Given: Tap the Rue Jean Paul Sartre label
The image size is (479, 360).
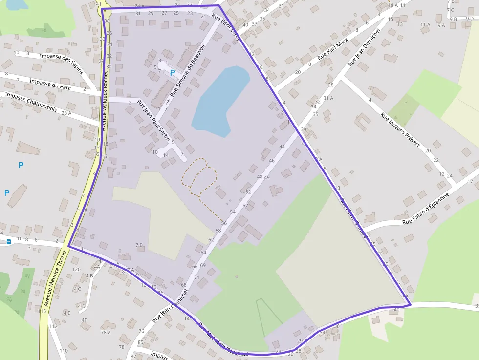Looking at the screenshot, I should click(x=153, y=120).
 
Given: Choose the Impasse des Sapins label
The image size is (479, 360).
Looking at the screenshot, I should click(x=62, y=64).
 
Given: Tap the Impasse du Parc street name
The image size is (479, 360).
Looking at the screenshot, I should click(x=50, y=84).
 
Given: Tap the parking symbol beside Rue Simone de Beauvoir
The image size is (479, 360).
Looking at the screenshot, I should click(x=172, y=72).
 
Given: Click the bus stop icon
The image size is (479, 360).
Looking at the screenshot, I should click(x=9, y=241).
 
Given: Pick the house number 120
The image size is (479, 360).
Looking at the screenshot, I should click(x=76, y=269).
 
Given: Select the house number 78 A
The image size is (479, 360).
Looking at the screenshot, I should click(x=106, y=332).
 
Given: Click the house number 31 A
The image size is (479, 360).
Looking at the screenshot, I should click(x=327, y=98).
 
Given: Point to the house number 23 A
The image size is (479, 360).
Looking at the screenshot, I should click(x=66, y=113).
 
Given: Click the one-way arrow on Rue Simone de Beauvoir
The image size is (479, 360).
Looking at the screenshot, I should click(x=168, y=102).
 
